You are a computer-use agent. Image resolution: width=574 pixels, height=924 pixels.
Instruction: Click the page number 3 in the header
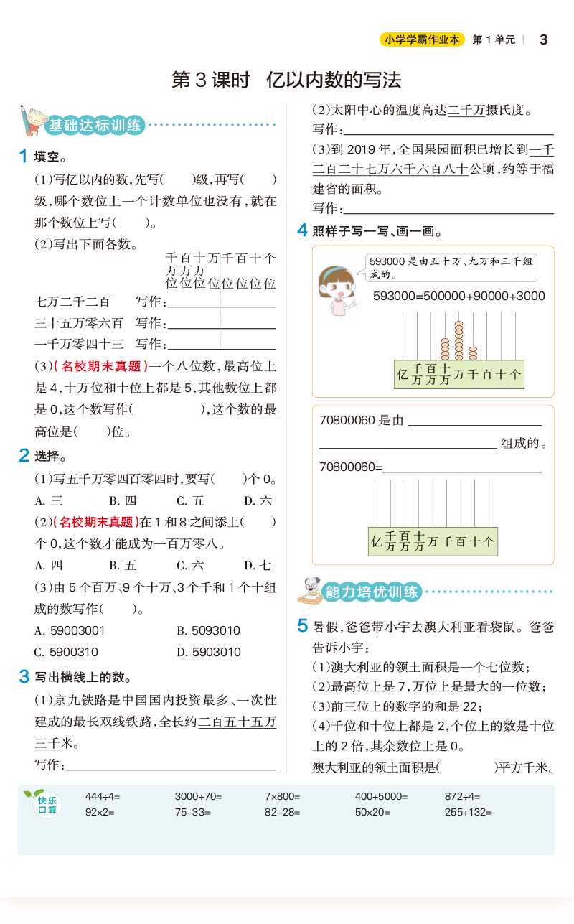click(543, 39)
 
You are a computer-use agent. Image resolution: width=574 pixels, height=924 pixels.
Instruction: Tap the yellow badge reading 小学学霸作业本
click(422, 40)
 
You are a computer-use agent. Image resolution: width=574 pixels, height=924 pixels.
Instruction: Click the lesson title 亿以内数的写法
click(333, 79)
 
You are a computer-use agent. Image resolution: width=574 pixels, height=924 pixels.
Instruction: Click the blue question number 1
click(24, 156)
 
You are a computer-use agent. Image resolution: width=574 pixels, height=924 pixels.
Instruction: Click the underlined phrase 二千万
click(466, 110)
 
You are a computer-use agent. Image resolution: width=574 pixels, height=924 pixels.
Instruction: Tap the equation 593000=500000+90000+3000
click(459, 296)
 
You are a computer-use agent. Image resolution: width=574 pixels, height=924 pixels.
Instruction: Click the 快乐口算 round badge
click(47, 806)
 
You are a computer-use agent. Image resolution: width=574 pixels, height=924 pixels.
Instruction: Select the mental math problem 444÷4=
click(103, 796)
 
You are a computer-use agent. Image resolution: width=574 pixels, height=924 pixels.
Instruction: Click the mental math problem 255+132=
click(468, 813)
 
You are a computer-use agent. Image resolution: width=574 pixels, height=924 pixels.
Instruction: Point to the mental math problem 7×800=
click(282, 796)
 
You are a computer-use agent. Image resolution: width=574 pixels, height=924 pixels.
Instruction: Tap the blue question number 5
click(303, 625)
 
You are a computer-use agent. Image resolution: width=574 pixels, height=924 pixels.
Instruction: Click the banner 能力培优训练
click(372, 592)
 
